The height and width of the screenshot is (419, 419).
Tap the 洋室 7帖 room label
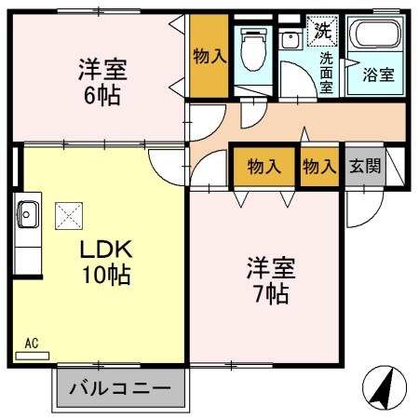coord(270,280)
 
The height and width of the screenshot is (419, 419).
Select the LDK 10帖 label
coord(105,262)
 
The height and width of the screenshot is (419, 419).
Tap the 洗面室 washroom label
coord(327,72)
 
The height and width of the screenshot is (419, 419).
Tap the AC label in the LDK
coord(31,344)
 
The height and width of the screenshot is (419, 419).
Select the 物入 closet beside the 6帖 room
coord(209,56)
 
